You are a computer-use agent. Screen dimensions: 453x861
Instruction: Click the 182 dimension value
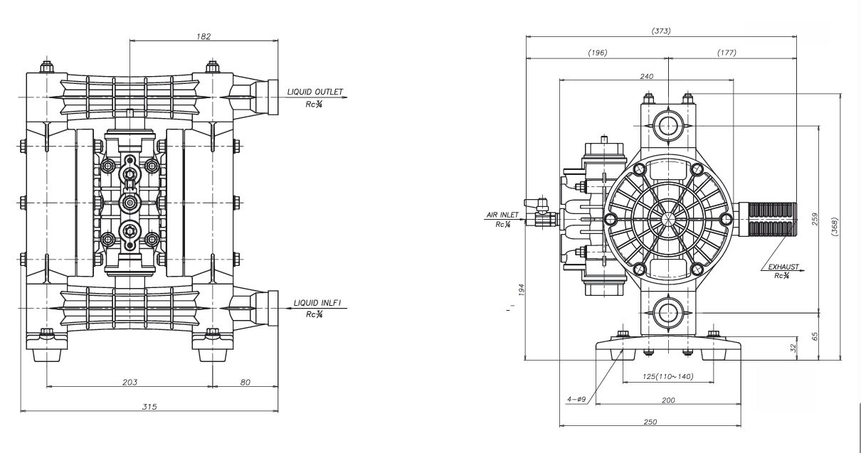click(203, 36)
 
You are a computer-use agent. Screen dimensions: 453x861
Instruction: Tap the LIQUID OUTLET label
click(315, 92)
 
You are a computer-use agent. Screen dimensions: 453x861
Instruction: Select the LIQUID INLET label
click(317, 303)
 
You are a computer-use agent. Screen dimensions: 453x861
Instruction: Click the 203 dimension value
click(130, 383)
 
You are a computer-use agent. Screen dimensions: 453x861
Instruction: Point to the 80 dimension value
click(245, 383)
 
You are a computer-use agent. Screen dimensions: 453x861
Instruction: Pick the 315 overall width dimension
click(149, 406)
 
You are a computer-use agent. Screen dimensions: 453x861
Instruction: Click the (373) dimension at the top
click(661, 31)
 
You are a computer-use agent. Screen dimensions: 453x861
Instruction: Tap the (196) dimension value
click(597, 53)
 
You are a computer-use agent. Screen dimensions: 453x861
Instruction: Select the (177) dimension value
click(727, 53)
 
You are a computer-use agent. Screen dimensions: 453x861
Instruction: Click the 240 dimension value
click(647, 75)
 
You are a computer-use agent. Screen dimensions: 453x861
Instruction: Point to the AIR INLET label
click(503, 214)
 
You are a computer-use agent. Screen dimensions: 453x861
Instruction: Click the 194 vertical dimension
click(521, 289)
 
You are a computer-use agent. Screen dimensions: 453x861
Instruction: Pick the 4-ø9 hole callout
click(576, 400)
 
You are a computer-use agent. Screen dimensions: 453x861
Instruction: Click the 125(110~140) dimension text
click(658, 377)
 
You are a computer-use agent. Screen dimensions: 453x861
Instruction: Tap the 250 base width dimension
click(650, 422)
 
